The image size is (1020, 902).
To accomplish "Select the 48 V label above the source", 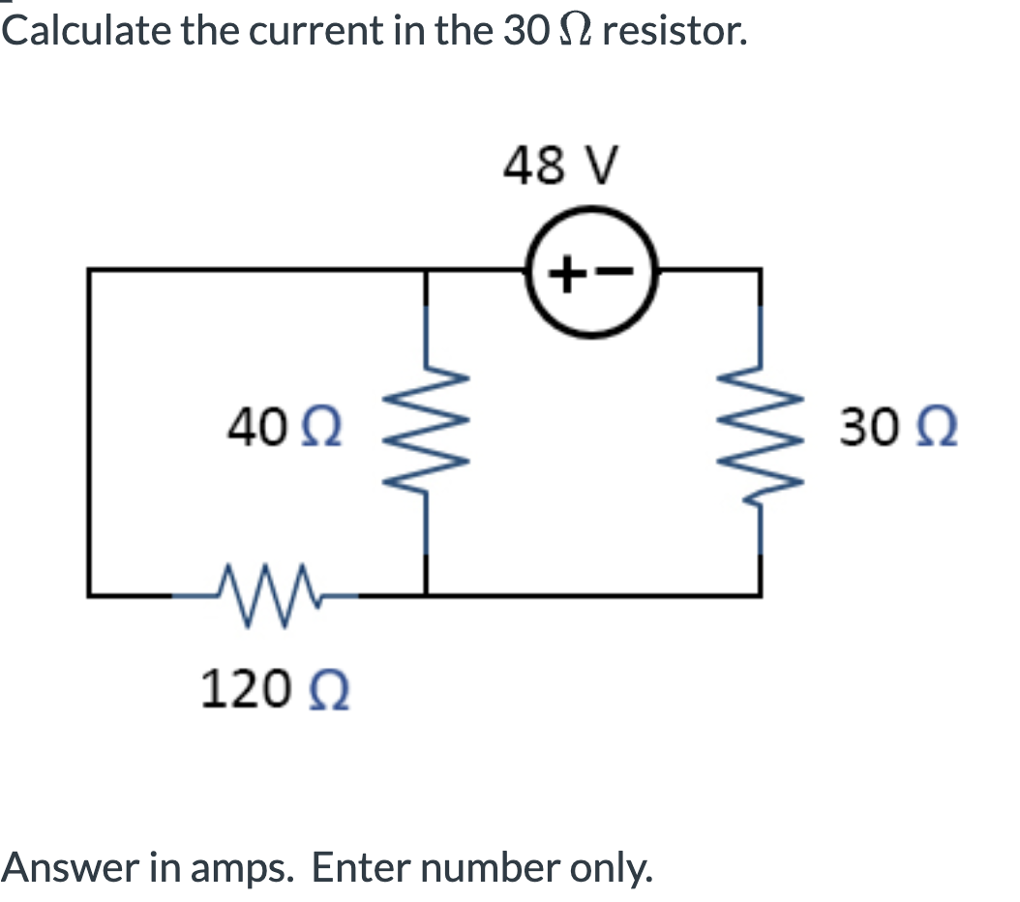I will (559, 165).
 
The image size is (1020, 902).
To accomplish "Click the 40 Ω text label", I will (288, 426).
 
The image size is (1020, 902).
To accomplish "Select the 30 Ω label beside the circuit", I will (898, 427).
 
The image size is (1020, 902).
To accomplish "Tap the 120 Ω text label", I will (275, 691).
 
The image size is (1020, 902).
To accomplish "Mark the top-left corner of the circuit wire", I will (90, 272).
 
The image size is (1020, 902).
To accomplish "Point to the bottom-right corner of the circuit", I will (759, 592).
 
